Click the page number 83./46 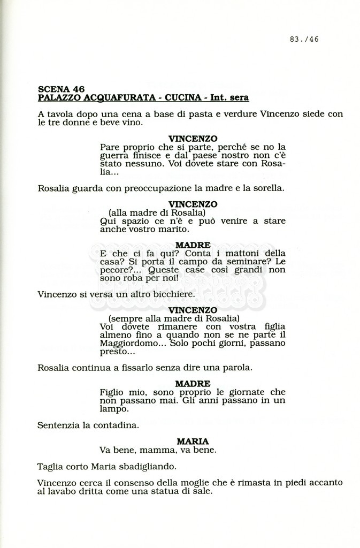[304, 39]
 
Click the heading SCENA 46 [61, 89]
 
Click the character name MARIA [193, 442]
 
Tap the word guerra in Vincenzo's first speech [113, 155]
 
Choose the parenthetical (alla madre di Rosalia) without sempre [154, 212]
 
